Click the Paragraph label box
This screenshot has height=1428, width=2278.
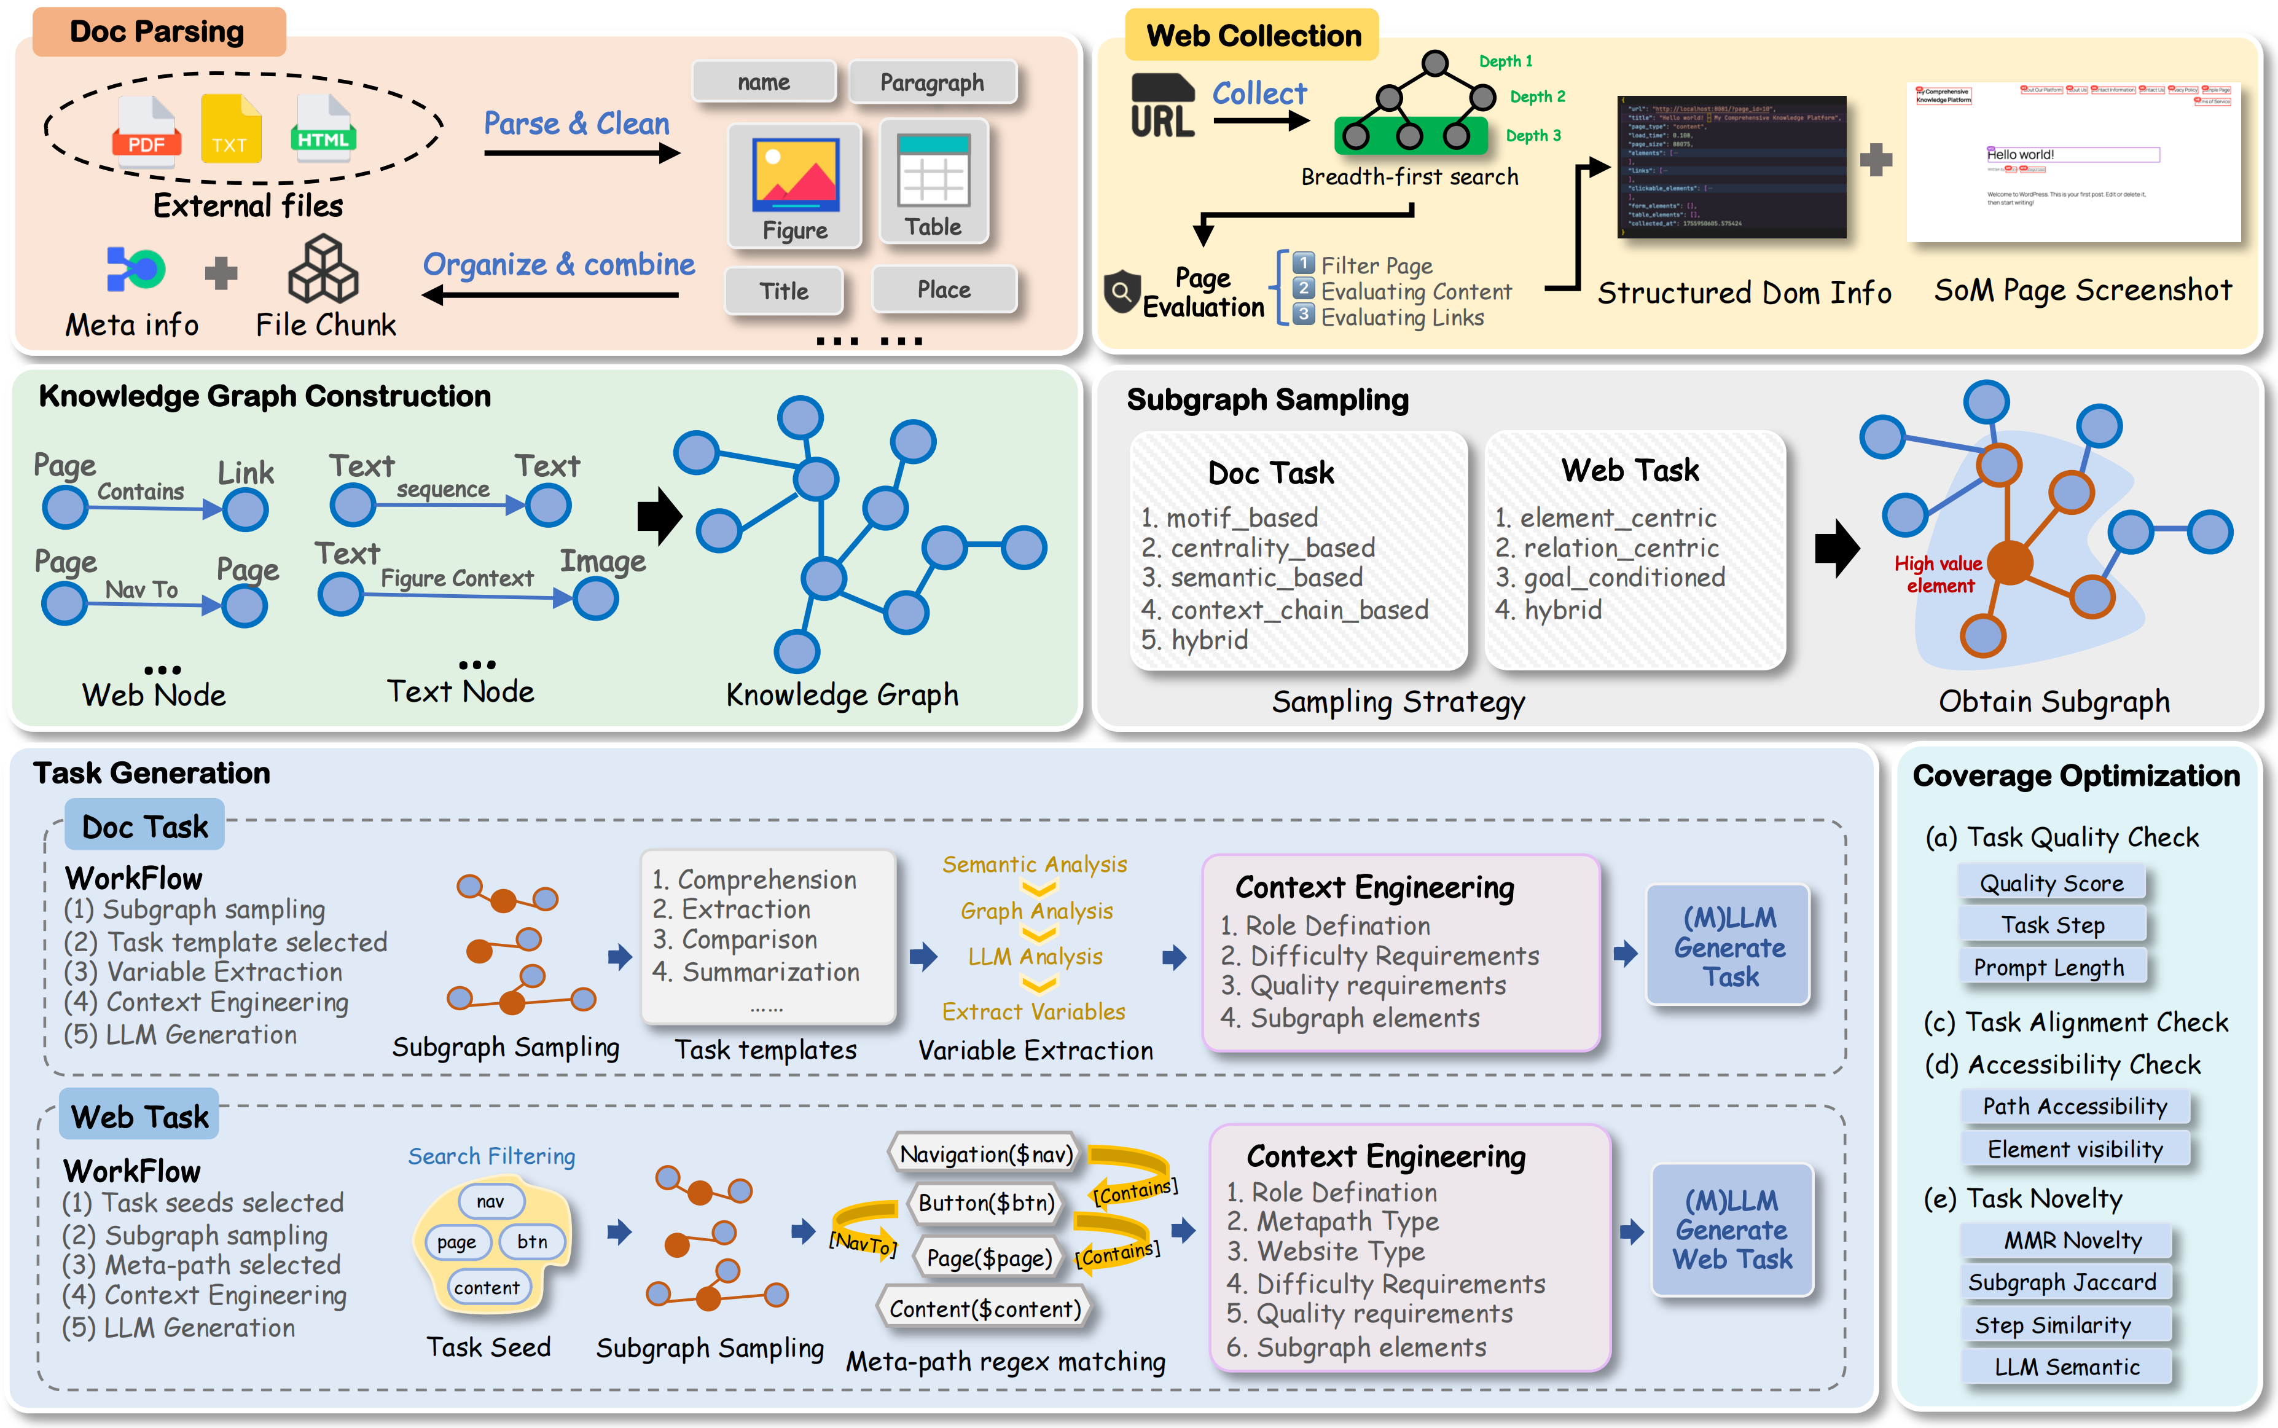pos(932,82)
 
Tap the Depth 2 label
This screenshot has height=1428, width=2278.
pos(1537,96)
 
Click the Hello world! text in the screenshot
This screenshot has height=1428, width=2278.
pos(2020,155)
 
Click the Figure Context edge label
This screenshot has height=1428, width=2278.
pos(457,578)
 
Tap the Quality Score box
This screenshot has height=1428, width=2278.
pos(2051,883)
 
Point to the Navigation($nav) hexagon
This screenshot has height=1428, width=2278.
pos(985,1154)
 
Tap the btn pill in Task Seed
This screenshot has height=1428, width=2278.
pos(531,1241)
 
